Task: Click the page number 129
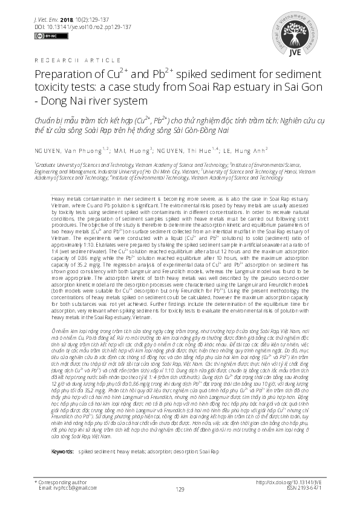point(180,489)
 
